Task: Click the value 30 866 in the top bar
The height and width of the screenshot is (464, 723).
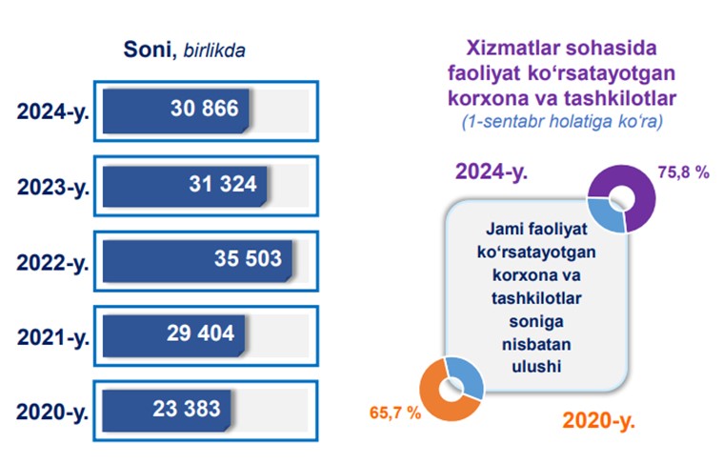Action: [204, 109]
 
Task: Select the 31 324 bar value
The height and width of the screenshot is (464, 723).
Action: [223, 184]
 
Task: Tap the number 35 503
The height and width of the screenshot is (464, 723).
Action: [248, 258]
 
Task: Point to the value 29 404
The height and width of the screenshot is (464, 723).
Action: [201, 333]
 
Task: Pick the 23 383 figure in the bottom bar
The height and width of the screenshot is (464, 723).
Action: [187, 409]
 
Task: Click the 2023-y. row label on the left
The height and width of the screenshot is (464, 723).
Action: [53, 189]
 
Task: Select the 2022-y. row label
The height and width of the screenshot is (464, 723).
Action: [52, 263]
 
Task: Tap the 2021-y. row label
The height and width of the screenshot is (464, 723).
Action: [53, 338]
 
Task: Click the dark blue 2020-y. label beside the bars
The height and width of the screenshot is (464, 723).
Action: [52, 413]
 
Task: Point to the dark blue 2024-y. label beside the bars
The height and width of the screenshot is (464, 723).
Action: [52, 112]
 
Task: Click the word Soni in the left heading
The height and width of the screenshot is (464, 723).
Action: [147, 49]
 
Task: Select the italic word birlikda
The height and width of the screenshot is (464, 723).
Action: [214, 50]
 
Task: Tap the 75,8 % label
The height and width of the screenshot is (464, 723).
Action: [683, 172]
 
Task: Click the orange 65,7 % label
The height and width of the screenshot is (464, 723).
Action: [395, 413]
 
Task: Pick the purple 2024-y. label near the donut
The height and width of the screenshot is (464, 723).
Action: [492, 172]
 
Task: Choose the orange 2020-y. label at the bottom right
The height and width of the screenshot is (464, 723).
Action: [598, 420]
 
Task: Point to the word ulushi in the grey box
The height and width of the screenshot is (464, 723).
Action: [536, 366]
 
